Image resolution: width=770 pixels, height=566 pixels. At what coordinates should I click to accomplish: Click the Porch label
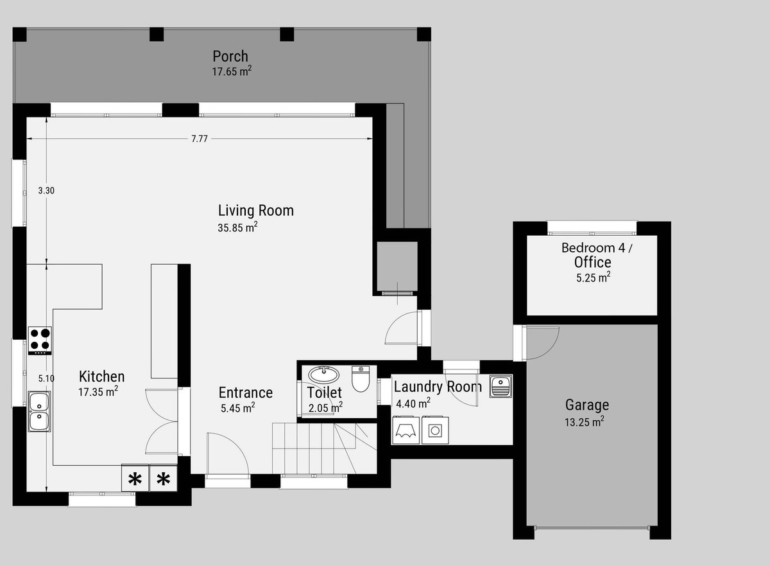230,57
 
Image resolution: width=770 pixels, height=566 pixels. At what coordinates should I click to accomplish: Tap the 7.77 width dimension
200,139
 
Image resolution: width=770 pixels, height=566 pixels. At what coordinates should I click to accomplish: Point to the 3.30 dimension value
46,190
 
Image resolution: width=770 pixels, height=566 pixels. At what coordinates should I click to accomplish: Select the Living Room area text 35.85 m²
237,227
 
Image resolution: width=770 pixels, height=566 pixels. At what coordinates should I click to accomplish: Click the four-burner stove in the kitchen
40,340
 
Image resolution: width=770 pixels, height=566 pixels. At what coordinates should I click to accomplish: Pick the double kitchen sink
40,411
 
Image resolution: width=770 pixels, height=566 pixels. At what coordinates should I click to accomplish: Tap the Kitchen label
102,376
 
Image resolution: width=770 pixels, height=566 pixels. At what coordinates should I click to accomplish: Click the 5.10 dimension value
46,378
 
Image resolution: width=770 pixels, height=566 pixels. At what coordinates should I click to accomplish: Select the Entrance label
246,393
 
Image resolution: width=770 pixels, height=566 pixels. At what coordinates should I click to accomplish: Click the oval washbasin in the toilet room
324,375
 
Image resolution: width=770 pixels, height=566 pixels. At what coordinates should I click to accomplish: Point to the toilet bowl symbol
361,379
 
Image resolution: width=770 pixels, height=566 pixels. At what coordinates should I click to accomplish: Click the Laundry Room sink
501,386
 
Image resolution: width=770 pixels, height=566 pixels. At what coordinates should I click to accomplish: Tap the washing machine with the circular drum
435,430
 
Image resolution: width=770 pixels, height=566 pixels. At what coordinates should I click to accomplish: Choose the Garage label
587,405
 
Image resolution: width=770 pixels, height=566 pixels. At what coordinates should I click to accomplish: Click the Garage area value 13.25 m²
585,422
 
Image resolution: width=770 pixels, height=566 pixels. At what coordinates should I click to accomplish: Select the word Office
593,263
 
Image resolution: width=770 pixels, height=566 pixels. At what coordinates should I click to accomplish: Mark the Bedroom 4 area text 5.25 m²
594,278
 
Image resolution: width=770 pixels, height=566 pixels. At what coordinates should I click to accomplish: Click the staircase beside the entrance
325,448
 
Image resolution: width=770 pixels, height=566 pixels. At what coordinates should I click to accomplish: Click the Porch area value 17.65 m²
232,71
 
